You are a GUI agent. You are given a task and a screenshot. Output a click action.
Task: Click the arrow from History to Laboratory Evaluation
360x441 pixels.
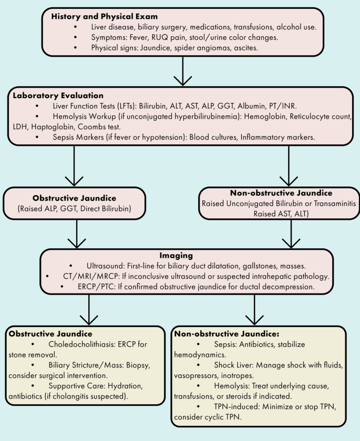181,71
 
